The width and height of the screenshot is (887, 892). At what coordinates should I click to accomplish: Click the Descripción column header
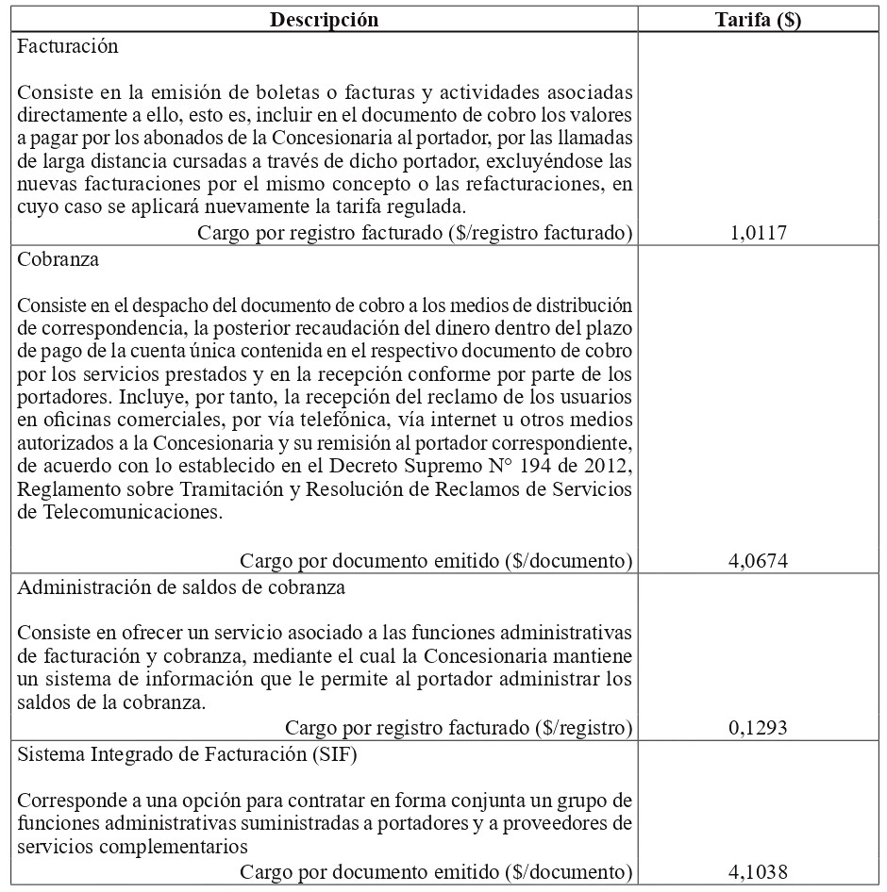(x=325, y=20)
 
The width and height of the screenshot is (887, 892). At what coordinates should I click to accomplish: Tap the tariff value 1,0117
(x=759, y=233)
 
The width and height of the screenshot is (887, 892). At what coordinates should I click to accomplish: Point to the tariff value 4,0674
(x=759, y=561)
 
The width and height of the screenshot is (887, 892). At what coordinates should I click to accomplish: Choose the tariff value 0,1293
(x=759, y=727)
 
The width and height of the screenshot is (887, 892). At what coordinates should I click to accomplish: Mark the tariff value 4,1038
(x=759, y=872)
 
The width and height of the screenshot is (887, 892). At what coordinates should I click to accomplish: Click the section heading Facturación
(x=68, y=45)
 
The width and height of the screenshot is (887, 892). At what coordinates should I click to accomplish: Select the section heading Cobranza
(x=59, y=260)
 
